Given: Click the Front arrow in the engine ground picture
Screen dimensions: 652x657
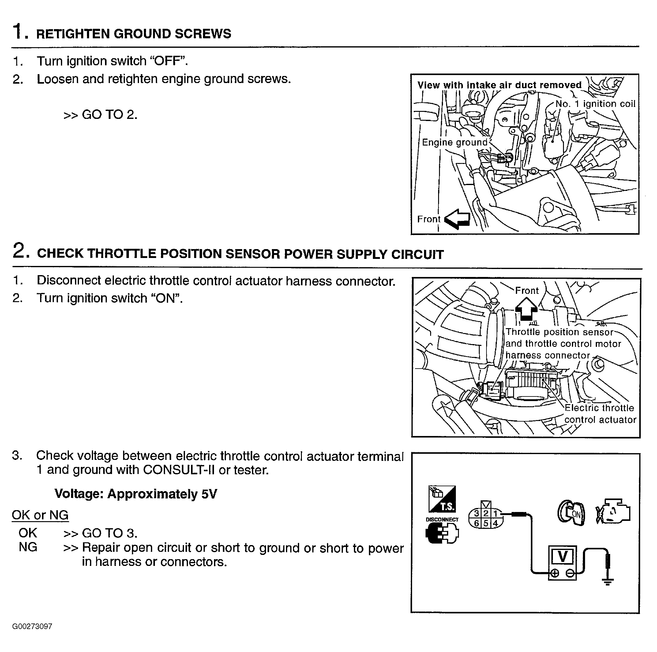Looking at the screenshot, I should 457,219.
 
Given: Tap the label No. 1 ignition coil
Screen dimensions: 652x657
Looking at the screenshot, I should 595,104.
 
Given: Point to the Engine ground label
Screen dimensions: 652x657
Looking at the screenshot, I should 455,142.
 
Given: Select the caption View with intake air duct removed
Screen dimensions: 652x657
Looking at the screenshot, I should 499,85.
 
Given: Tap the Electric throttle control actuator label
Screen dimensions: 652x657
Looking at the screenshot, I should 600,414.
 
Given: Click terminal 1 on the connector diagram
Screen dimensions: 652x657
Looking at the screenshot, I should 495,514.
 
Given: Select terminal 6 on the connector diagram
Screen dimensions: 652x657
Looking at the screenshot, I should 477,523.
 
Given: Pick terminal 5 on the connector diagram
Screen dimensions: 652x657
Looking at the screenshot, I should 486,523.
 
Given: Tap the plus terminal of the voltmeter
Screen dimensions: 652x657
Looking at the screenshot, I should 555,573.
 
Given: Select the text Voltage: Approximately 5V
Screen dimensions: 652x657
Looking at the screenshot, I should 136,494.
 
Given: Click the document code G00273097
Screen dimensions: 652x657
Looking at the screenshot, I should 32,627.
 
